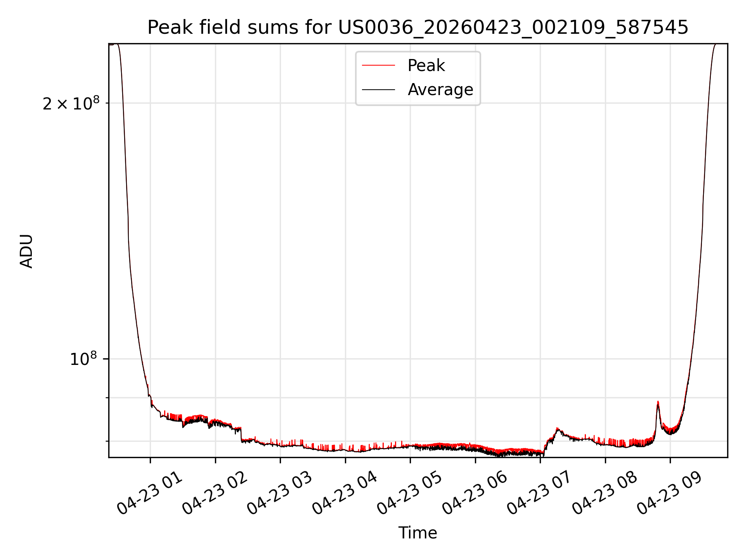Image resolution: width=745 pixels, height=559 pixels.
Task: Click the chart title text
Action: pos(418,28)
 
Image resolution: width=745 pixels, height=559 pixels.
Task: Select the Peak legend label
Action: pos(426,66)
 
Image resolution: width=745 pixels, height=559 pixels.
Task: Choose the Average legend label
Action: pos(440,90)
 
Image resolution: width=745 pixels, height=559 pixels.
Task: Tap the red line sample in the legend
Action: pos(378,66)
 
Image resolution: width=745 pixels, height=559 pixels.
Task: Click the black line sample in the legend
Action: pos(378,90)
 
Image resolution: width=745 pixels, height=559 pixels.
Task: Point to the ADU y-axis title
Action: pos(26,251)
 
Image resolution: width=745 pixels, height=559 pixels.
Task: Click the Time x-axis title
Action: pos(418,533)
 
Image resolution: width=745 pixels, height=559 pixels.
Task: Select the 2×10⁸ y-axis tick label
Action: pos(71,103)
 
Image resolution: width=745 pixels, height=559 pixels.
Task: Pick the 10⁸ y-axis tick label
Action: pos(83,359)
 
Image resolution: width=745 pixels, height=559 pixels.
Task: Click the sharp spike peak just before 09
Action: pos(658,402)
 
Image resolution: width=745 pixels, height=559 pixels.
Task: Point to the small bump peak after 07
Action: pos(558,428)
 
